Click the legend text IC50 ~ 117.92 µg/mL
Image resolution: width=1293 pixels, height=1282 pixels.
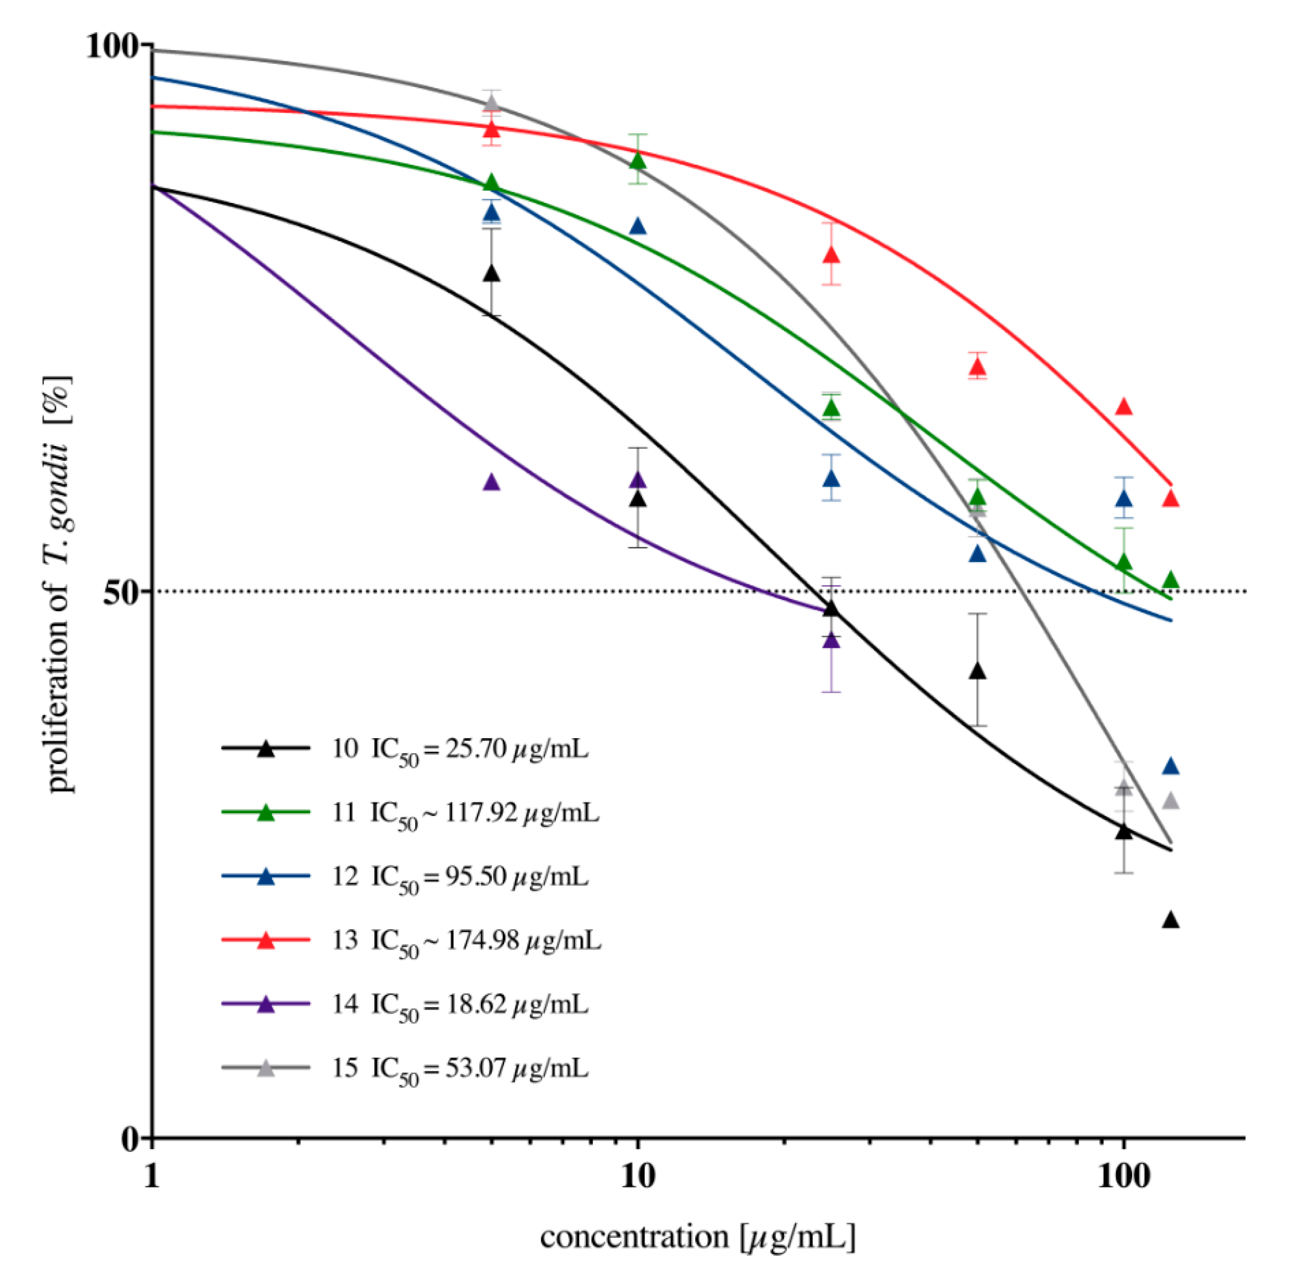point(485,813)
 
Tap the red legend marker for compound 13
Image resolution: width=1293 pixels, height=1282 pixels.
point(266,940)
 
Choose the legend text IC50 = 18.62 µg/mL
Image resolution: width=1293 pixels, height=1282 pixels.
point(480,1004)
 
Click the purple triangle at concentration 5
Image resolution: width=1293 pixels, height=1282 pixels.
point(492,482)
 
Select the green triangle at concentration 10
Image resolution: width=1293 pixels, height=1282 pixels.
point(639,161)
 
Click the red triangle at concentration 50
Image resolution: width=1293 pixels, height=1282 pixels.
point(978,367)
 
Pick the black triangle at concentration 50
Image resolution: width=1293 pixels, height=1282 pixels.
point(978,671)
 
